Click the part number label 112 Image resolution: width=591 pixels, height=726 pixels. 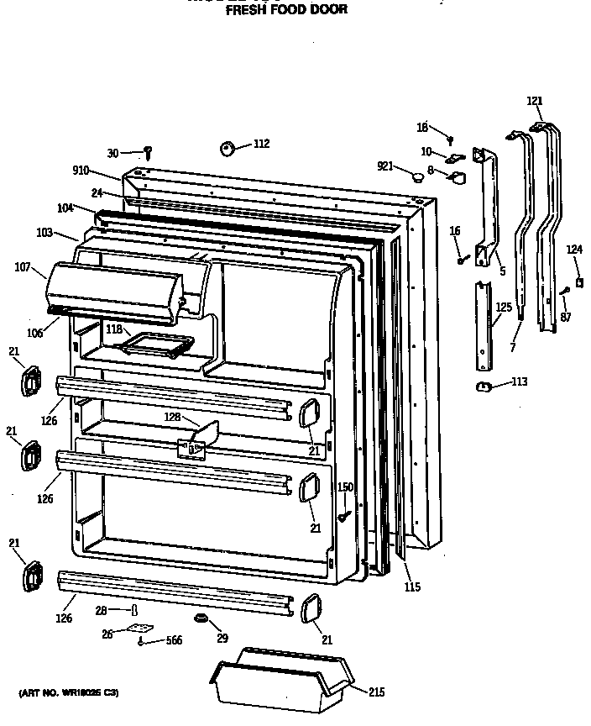click(x=261, y=144)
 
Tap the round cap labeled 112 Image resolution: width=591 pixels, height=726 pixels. click(x=228, y=149)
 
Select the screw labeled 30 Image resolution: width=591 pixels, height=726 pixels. click(x=148, y=153)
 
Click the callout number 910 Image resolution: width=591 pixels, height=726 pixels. click(x=81, y=171)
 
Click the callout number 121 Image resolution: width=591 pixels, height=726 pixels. click(x=535, y=101)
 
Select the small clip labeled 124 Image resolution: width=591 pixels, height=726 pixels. click(x=578, y=280)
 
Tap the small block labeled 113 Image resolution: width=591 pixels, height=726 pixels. click(x=483, y=385)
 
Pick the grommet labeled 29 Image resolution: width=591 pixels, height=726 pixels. click(x=201, y=619)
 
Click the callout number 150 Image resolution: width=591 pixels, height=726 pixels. click(x=345, y=487)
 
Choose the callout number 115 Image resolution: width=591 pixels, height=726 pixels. click(x=411, y=587)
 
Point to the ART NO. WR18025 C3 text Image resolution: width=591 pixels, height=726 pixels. click(x=70, y=693)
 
